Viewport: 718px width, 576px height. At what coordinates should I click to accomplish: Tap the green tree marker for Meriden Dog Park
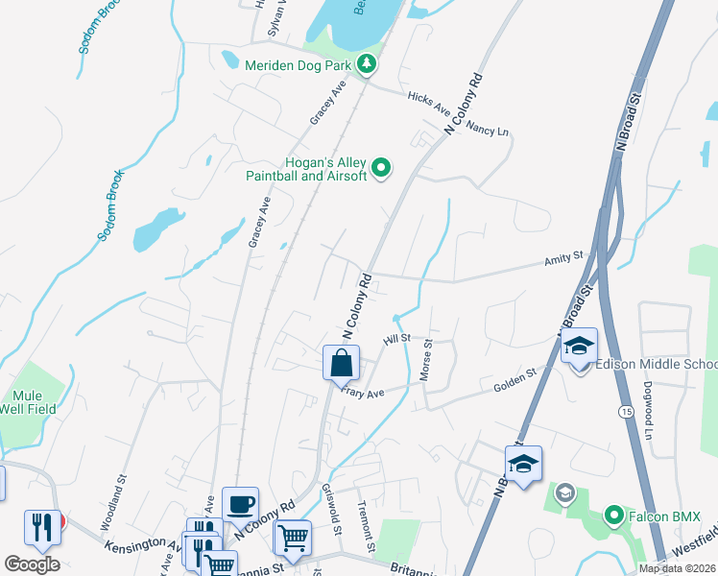coord(366,65)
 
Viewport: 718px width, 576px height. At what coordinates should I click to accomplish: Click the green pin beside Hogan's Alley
coord(381,169)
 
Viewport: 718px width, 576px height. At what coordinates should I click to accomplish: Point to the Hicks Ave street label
coord(428,99)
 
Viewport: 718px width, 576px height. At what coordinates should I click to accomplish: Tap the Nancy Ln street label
coord(491,129)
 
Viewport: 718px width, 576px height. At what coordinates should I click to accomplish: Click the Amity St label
coord(563,257)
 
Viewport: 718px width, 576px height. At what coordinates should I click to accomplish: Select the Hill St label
coord(396,339)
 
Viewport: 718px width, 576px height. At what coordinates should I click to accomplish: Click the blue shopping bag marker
coord(341,364)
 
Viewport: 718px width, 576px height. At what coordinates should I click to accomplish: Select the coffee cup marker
coord(240,503)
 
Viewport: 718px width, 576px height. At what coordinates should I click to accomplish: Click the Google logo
coord(32,564)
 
